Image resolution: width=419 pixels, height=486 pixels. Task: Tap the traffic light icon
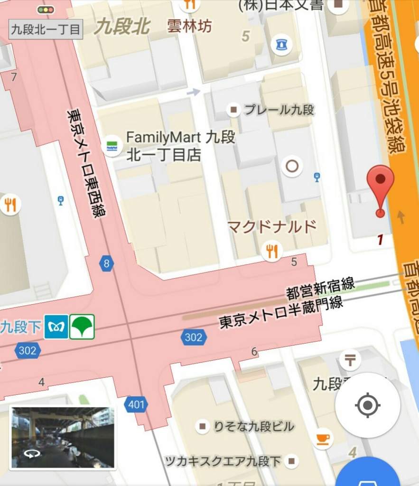click(46, 9)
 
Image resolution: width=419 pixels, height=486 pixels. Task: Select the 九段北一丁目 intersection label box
click(46, 29)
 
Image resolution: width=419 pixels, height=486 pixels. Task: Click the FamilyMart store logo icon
click(112, 145)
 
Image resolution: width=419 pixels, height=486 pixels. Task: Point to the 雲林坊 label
click(189, 27)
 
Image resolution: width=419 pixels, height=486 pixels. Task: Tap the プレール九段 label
click(279, 110)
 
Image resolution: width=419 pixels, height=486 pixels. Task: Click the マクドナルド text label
click(272, 227)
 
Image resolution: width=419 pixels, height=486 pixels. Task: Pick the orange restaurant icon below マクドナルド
click(272, 251)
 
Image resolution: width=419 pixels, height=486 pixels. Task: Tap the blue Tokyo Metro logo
click(56, 327)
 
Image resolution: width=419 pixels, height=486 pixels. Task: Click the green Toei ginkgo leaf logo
click(82, 327)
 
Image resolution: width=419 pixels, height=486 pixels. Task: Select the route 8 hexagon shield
click(106, 263)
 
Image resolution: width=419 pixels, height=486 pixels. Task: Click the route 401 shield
click(136, 405)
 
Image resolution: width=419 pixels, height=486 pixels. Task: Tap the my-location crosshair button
click(367, 405)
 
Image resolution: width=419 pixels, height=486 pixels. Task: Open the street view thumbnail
click(63, 437)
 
